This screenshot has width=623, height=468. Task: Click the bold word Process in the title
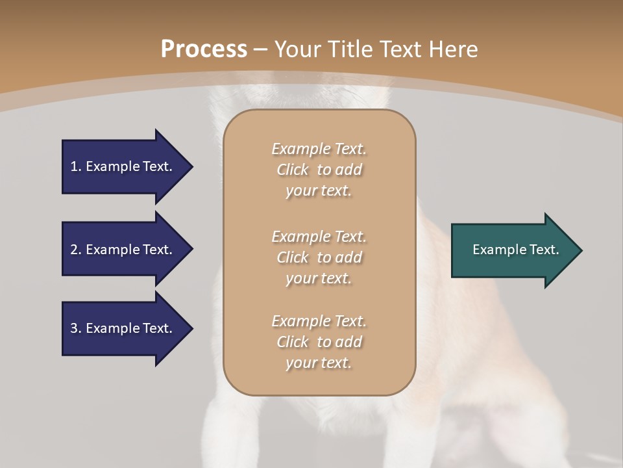tap(204, 49)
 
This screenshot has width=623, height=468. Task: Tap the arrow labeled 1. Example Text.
tap(123, 166)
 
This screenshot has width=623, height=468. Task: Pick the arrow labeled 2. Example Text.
tap(123, 250)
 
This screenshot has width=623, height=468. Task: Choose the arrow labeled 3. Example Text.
tap(123, 328)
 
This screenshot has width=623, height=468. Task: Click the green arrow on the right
tap(513, 250)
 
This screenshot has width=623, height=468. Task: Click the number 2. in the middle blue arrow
tap(76, 250)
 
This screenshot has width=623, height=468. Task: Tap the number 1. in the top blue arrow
tap(76, 166)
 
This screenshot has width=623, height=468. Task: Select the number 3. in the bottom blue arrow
tap(76, 328)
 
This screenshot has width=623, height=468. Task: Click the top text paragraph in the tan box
tap(319, 170)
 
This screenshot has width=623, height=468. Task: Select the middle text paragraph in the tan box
tap(319, 257)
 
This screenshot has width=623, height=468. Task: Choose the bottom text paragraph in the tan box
tap(319, 342)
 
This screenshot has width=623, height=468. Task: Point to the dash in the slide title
tap(261, 50)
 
